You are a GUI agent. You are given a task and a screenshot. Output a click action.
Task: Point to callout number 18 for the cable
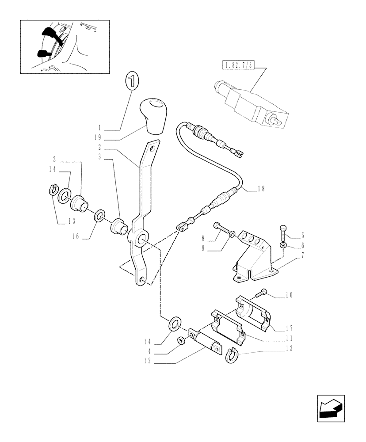(261, 189)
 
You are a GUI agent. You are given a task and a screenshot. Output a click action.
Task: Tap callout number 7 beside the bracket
(290, 255)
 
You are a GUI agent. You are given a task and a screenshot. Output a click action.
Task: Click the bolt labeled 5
(283, 230)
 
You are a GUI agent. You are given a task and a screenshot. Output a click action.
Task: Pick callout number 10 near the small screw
(290, 295)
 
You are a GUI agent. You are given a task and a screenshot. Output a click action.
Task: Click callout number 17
(290, 328)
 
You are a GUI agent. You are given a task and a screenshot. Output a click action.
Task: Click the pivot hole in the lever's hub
(142, 240)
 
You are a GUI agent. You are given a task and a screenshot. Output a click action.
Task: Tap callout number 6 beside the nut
(290, 245)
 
